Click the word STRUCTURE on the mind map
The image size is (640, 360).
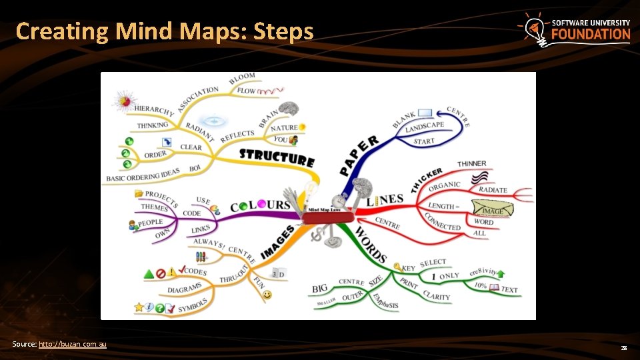tap(277, 158)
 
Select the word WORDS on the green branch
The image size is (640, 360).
tap(371, 244)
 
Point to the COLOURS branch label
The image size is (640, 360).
tap(260, 206)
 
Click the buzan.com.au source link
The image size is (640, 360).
tap(73, 344)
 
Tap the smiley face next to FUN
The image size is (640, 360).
tap(267, 294)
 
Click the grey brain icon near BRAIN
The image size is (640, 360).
tap(288, 108)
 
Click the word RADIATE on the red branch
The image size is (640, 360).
tap(493, 190)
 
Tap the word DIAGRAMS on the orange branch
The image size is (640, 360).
tap(185, 289)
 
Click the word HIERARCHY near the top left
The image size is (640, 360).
tap(154, 110)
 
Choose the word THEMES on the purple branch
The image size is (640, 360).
tap(154, 207)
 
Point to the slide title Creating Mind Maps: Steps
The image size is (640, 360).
tap(164, 31)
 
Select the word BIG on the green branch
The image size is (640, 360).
tap(320, 289)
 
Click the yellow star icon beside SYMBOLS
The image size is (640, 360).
tap(139, 307)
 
